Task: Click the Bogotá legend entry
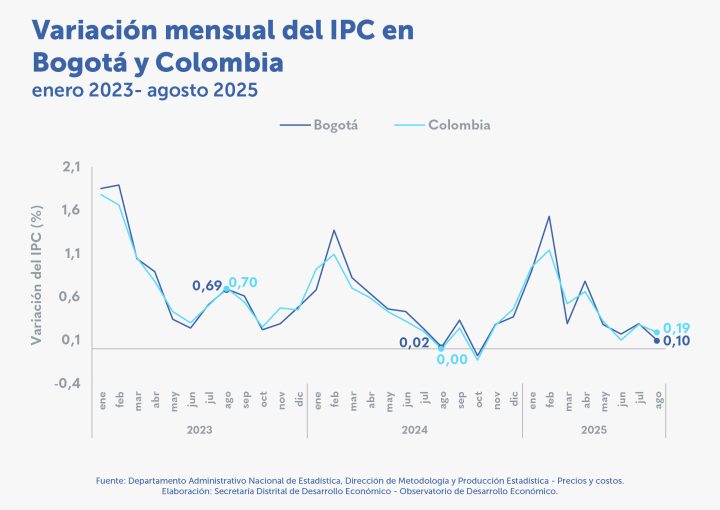pyautogui.click(x=319, y=126)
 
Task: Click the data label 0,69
pyautogui.click(x=206, y=286)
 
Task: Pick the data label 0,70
pyautogui.click(x=243, y=282)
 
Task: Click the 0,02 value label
pyautogui.click(x=414, y=342)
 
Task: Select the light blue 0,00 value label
pyautogui.click(x=452, y=359)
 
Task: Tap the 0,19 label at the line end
pyautogui.click(x=676, y=328)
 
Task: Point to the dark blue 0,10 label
pyautogui.click(x=677, y=341)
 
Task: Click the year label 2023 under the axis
pyautogui.click(x=200, y=429)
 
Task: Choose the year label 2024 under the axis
pyautogui.click(x=414, y=429)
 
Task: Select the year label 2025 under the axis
pyautogui.click(x=594, y=429)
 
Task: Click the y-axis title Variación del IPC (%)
pyautogui.click(x=37, y=275)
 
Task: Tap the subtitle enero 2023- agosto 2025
pyautogui.click(x=145, y=91)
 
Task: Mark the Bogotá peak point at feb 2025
pyautogui.click(x=549, y=216)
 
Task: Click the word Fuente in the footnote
pyautogui.click(x=111, y=481)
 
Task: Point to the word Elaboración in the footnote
pyautogui.click(x=191, y=491)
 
